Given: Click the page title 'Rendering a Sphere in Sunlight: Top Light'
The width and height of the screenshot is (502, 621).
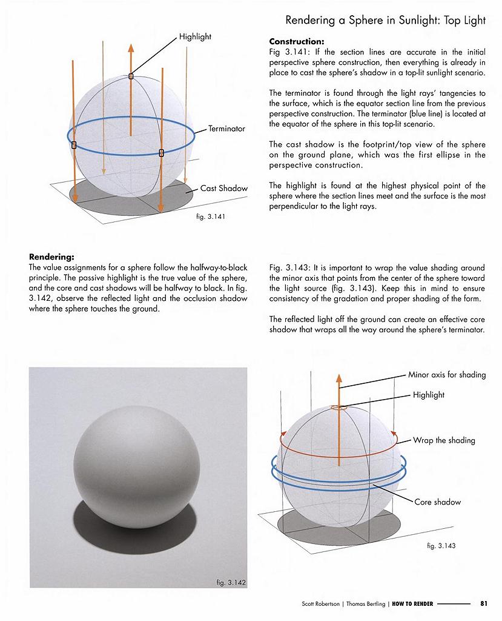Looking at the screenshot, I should pyautogui.click(x=385, y=21).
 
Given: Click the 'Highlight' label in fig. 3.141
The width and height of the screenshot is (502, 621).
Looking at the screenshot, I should pyautogui.click(x=195, y=37).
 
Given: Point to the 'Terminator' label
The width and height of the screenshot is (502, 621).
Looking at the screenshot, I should pyautogui.click(x=226, y=129).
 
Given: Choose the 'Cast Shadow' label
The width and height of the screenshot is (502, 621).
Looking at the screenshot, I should pyautogui.click(x=224, y=188).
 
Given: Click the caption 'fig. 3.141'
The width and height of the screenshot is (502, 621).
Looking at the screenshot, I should pyautogui.click(x=212, y=217).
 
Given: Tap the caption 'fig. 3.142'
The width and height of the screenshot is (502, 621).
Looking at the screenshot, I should pyautogui.click(x=231, y=583).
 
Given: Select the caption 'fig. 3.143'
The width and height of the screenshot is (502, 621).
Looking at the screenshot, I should pyautogui.click(x=441, y=546).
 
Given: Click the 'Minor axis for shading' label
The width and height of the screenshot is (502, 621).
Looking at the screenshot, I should pyautogui.click(x=447, y=375).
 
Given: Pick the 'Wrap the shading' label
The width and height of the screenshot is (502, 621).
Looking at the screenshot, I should pyautogui.click(x=444, y=440).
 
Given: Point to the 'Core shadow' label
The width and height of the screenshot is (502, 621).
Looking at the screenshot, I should pyautogui.click(x=438, y=502).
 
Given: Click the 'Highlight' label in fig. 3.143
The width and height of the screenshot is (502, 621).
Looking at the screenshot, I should pyautogui.click(x=429, y=395).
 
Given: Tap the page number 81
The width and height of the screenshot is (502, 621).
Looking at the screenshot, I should pyautogui.click(x=484, y=603).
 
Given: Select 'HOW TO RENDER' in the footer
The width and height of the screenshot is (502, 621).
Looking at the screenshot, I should pyautogui.click(x=412, y=603).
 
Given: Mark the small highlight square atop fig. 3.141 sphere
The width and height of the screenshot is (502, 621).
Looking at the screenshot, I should pyautogui.click(x=131, y=76).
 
